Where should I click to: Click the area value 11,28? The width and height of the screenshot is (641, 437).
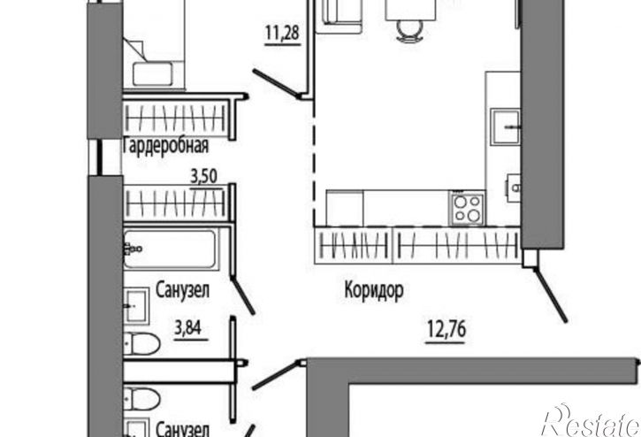click(x=282, y=33)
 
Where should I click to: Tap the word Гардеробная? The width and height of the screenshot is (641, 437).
click(x=165, y=146)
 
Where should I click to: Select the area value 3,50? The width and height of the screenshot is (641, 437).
click(x=204, y=176)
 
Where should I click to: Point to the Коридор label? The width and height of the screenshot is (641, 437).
click(x=374, y=289)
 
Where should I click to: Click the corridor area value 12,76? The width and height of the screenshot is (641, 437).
click(x=446, y=328)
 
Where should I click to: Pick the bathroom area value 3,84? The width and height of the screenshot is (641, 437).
click(x=188, y=327)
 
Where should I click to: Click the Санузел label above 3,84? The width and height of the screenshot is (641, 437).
click(x=182, y=290)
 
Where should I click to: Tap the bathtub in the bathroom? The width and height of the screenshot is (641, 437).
click(x=171, y=249)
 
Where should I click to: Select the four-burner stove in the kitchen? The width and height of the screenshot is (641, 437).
click(x=468, y=208)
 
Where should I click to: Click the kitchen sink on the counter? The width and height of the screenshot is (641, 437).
click(x=505, y=126)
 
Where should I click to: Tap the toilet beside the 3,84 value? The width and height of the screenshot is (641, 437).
click(x=141, y=343)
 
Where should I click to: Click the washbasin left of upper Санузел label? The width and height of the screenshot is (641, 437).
click(x=136, y=306)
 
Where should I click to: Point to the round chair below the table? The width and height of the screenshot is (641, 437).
click(x=410, y=31)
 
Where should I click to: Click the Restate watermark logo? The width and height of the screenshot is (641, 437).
click(x=591, y=421)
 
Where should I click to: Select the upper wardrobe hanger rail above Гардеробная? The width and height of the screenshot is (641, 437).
click(x=175, y=119)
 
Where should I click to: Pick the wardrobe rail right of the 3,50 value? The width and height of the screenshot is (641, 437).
click(x=175, y=203)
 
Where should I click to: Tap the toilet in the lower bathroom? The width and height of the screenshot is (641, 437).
click(x=141, y=398)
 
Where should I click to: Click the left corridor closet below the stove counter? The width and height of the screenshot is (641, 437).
click(x=354, y=246)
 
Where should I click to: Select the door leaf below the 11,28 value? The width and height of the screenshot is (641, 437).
click(x=275, y=84)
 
